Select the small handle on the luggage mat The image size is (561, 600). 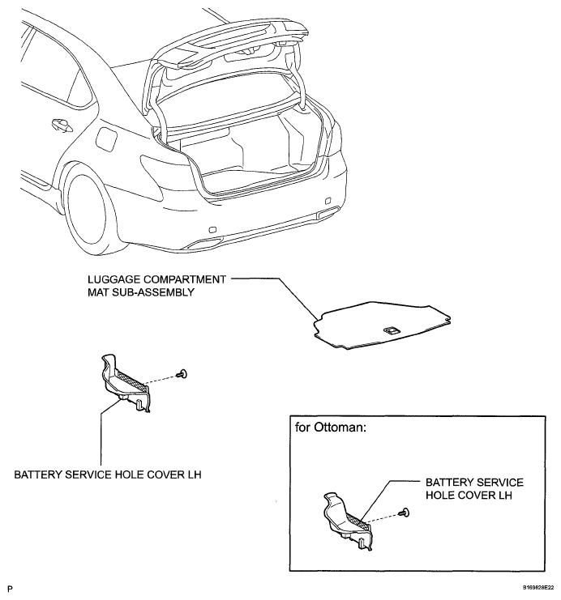click(x=389, y=330)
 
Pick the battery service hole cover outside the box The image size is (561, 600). click(x=126, y=381)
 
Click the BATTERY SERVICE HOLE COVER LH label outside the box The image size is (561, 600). click(x=108, y=474)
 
